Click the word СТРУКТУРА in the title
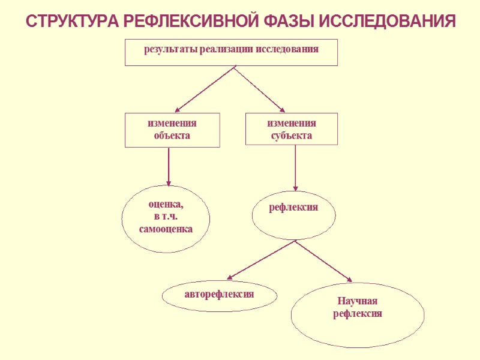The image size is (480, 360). point(73,21)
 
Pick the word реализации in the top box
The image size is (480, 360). point(227,49)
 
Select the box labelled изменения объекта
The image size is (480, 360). point(172,130)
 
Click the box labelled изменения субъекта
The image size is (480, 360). point(292,129)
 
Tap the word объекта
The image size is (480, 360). point(172,136)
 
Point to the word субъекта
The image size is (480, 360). point(292,136)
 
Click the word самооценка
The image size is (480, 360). point(166,229)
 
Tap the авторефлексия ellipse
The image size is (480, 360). point(220,295)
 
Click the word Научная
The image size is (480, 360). point(358,301)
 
